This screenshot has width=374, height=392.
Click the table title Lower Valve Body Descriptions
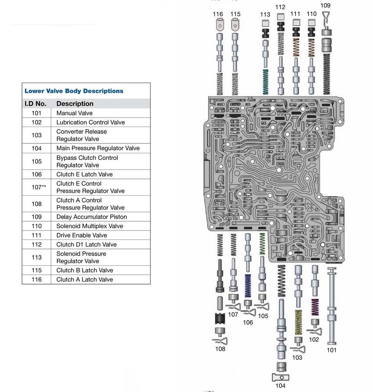(74, 91)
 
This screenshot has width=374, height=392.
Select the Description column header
(75, 104)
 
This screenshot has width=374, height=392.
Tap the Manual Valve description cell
(74, 113)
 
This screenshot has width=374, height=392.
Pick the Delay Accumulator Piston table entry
(91, 217)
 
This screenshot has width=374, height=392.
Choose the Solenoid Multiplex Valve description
(89, 226)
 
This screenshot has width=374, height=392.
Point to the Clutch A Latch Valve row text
(84, 279)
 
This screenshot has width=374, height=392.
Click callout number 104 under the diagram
(280, 386)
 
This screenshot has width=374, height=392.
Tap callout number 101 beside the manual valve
(332, 350)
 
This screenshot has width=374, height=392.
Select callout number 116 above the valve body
(218, 14)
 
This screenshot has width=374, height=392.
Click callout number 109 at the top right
(325, 5)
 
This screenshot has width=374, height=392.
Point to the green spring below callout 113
(265, 81)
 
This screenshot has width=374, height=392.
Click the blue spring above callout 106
(248, 285)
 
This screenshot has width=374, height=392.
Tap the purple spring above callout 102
(315, 308)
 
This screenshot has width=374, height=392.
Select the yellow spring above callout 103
(298, 322)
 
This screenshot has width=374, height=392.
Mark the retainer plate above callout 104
(280, 377)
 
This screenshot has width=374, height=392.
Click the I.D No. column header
(36, 104)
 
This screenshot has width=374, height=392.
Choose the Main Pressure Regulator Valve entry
(98, 148)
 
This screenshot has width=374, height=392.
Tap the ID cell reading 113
(36, 258)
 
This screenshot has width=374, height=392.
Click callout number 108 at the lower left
(220, 349)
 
